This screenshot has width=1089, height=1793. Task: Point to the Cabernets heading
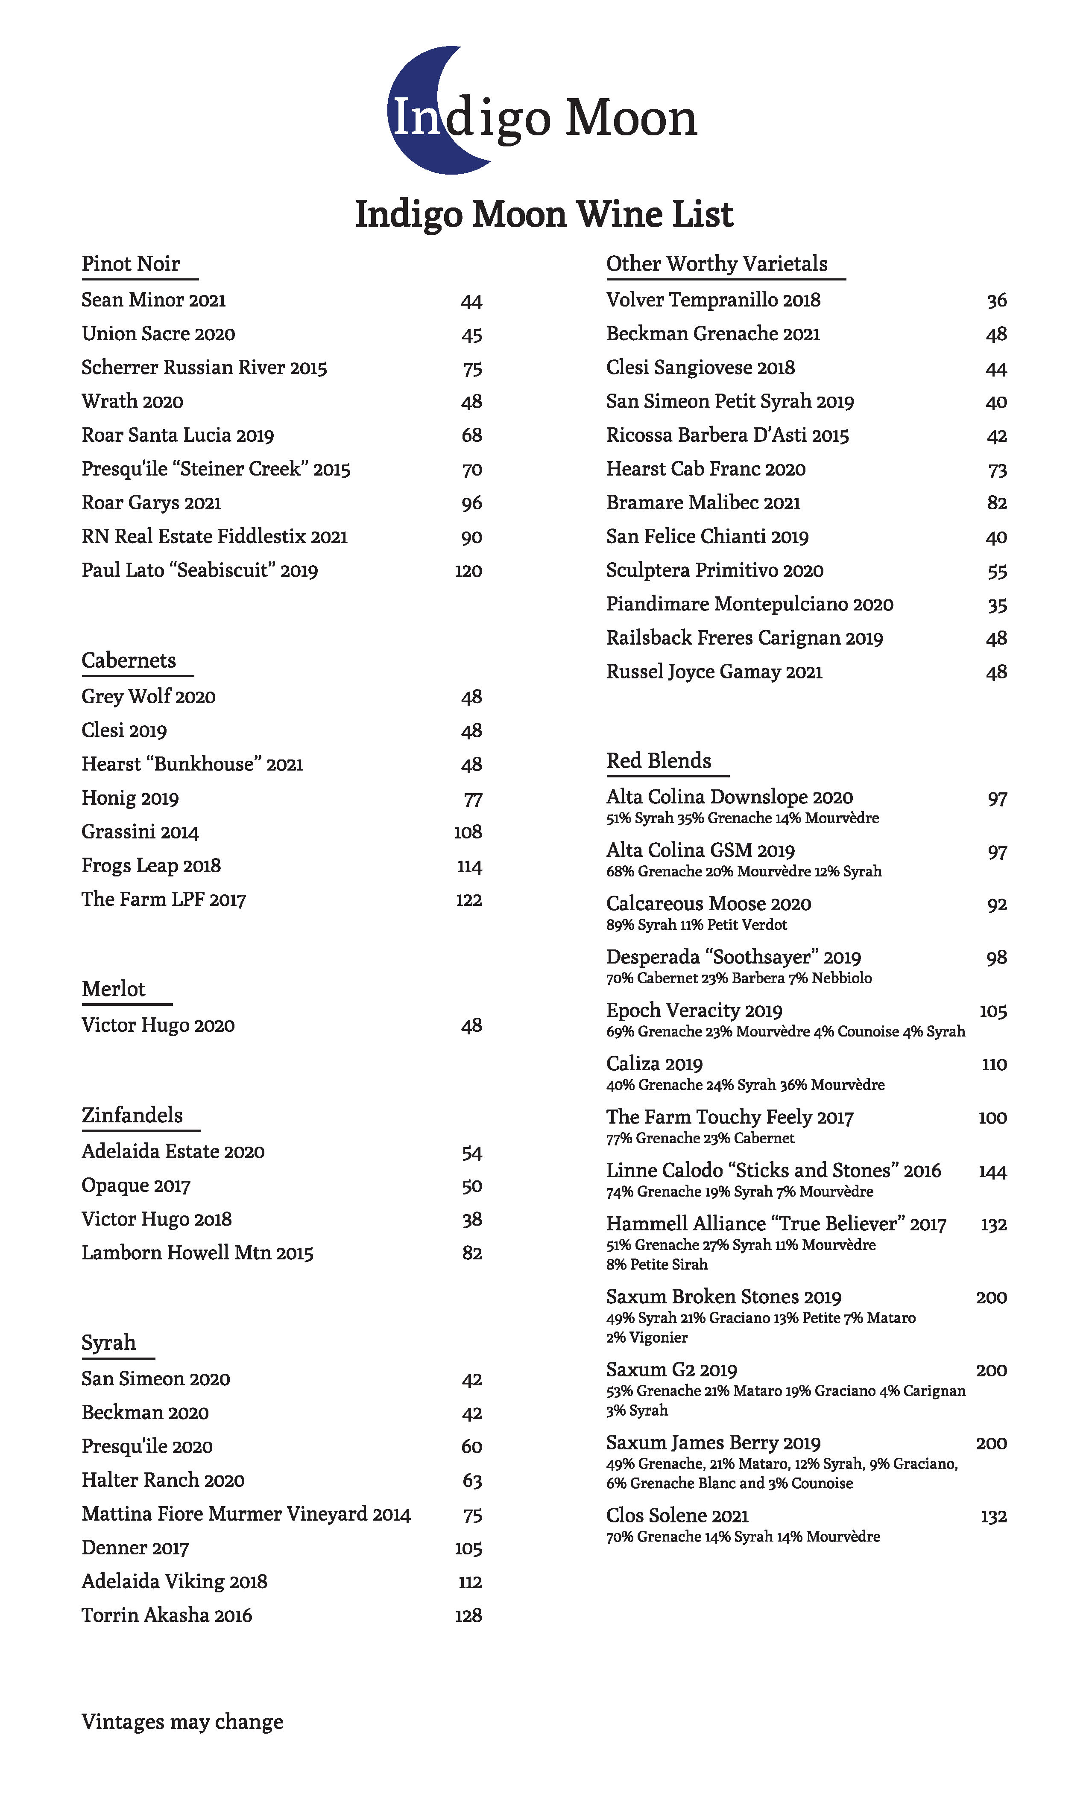click(129, 661)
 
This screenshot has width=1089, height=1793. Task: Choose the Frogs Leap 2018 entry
click(151, 866)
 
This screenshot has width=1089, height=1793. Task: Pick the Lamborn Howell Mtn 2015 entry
click(197, 1253)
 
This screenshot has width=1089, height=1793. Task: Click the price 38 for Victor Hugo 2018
click(472, 1220)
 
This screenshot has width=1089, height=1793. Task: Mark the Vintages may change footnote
click(182, 1722)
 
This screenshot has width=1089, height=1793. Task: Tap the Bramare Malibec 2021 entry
click(703, 503)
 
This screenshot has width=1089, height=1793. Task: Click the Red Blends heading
click(659, 761)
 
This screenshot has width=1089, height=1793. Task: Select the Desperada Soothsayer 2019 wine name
click(733, 958)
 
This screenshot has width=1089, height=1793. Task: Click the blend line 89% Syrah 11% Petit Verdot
click(697, 925)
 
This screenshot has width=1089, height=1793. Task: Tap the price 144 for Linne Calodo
click(992, 1171)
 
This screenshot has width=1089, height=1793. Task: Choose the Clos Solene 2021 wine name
click(677, 1516)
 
